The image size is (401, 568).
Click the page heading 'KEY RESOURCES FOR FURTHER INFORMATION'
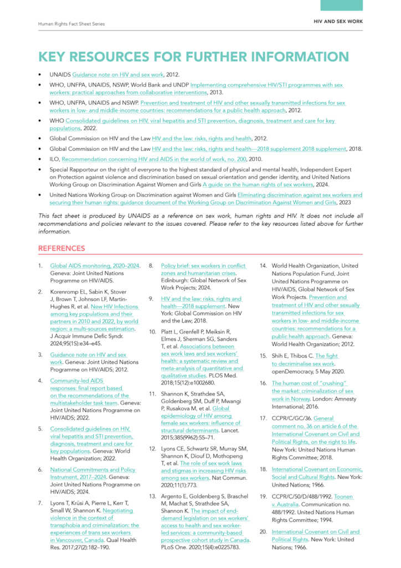[x=193, y=57]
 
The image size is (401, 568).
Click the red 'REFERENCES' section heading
[x=61, y=248]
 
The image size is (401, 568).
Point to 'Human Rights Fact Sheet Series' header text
[x=71, y=24]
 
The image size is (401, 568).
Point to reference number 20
[x=264, y=531]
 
